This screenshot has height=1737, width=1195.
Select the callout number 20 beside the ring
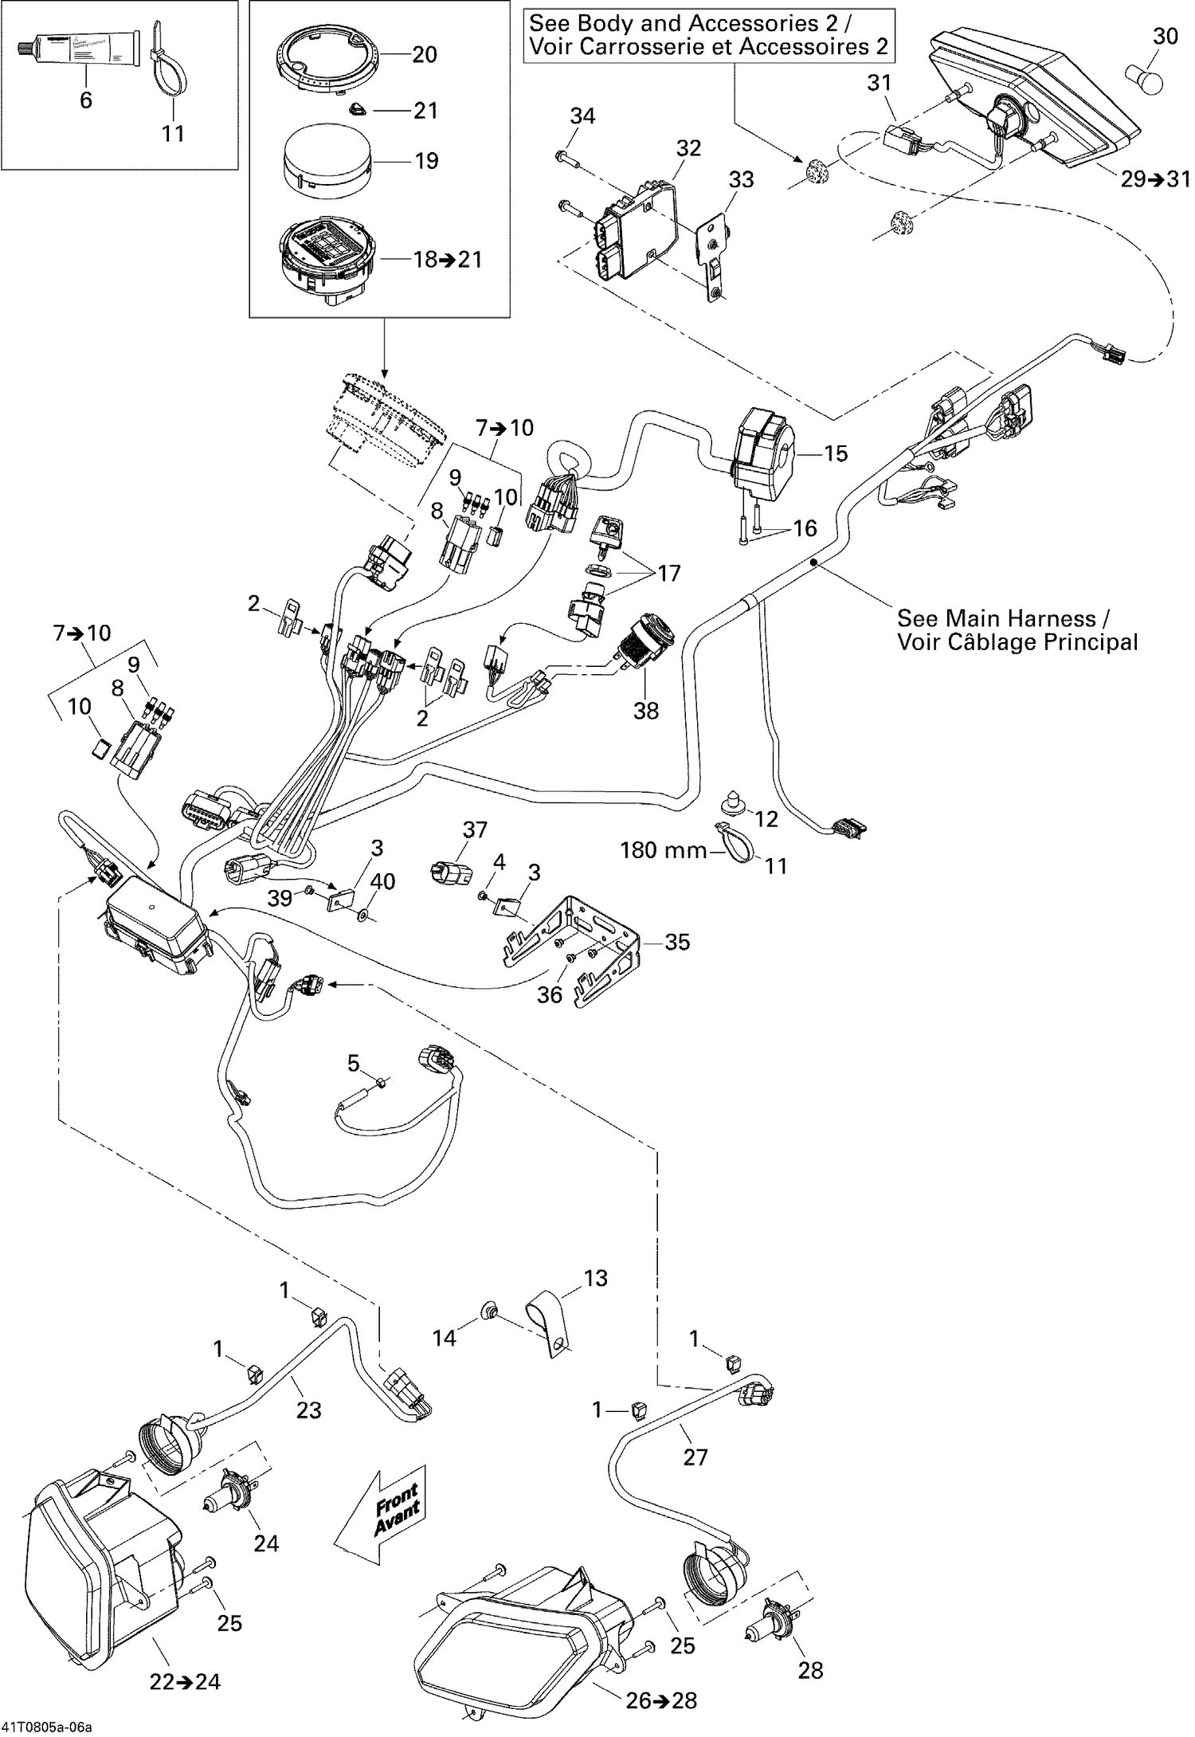425,54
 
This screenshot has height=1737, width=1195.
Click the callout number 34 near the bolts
582,116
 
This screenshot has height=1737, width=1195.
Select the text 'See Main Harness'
996,618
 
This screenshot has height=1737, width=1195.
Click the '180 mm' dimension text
664,850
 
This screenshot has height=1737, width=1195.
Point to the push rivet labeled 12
731,801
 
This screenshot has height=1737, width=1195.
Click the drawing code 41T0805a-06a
46,1728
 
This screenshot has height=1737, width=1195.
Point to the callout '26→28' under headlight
661,1700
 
